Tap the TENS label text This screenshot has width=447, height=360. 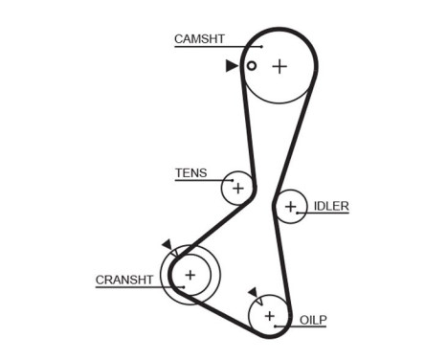(x=190, y=173)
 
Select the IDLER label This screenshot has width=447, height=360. (x=331, y=206)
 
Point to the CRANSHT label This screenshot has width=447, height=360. (x=124, y=280)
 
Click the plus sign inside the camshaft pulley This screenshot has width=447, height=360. (x=279, y=66)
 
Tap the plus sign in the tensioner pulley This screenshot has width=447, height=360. (x=237, y=188)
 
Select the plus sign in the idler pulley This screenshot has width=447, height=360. (x=290, y=207)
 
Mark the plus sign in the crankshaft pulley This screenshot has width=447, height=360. (x=190, y=276)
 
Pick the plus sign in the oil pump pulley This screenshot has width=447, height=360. (x=269, y=314)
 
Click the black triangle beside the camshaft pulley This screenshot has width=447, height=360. (x=232, y=66)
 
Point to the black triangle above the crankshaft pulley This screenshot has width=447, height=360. (x=168, y=245)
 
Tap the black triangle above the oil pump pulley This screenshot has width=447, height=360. (x=253, y=292)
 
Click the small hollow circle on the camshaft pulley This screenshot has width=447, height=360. (x=252, y=66)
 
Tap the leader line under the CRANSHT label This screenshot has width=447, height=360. (x=139, y=287)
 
